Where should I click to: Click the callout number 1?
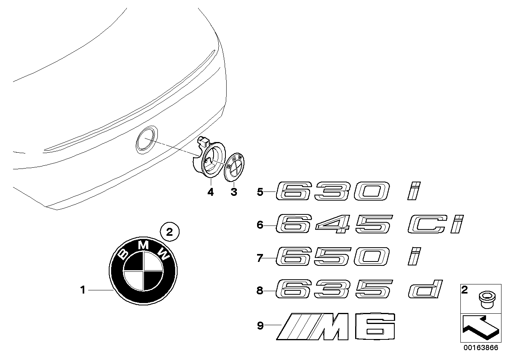83,290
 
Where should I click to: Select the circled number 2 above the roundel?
170,233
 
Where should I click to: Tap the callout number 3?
234,192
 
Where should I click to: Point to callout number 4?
210,192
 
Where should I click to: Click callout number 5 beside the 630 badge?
260,193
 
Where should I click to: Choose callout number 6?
260,225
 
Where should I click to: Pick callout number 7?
260,258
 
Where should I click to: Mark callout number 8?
260,291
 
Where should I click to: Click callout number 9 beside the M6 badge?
260,326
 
